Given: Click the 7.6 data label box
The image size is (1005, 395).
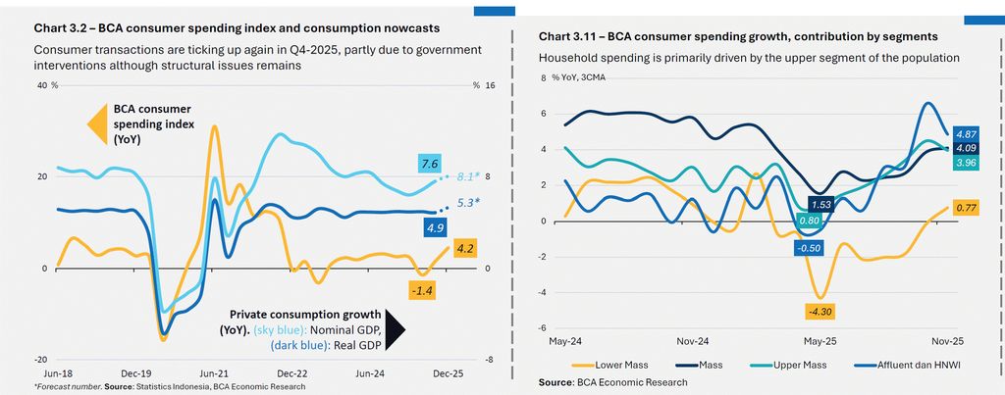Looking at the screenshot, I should pyautogui.click(x=428, y=164).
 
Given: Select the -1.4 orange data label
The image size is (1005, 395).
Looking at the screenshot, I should pyautogui.click(x=424, y=289).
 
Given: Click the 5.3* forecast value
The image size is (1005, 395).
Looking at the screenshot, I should pyautogui.click(x=467, y=204).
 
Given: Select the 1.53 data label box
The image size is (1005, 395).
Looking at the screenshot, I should pyautogui.click(x=821, y=204).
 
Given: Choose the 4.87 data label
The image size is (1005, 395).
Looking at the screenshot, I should pyautogui.click(x=966, y=133).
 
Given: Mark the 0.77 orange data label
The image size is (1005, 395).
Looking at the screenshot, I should pyautogui.click(x=966, y=207).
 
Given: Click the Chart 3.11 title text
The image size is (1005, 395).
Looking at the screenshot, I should pyautogui.click(x=690, y=36).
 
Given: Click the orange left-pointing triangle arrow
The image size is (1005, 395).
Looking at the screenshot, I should pyautogui.click(x=96, y=125).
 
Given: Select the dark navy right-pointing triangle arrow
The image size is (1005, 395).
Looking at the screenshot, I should pyautogui.click(x=395, y=330).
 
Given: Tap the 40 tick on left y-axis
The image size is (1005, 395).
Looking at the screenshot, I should pyautogui.click(x=42, y=86).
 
